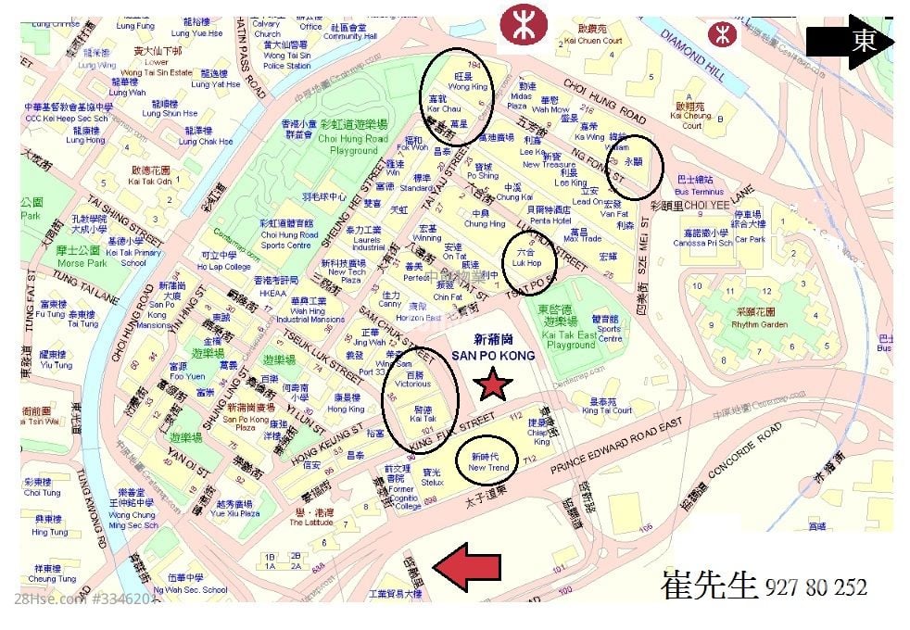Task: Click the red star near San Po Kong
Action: tap(493, 384)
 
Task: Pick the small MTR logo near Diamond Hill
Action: tap(718, 33)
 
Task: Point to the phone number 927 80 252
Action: tap(816, 587)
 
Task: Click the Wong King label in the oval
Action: tap(467, 86)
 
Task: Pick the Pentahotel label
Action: tap(551, 220)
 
